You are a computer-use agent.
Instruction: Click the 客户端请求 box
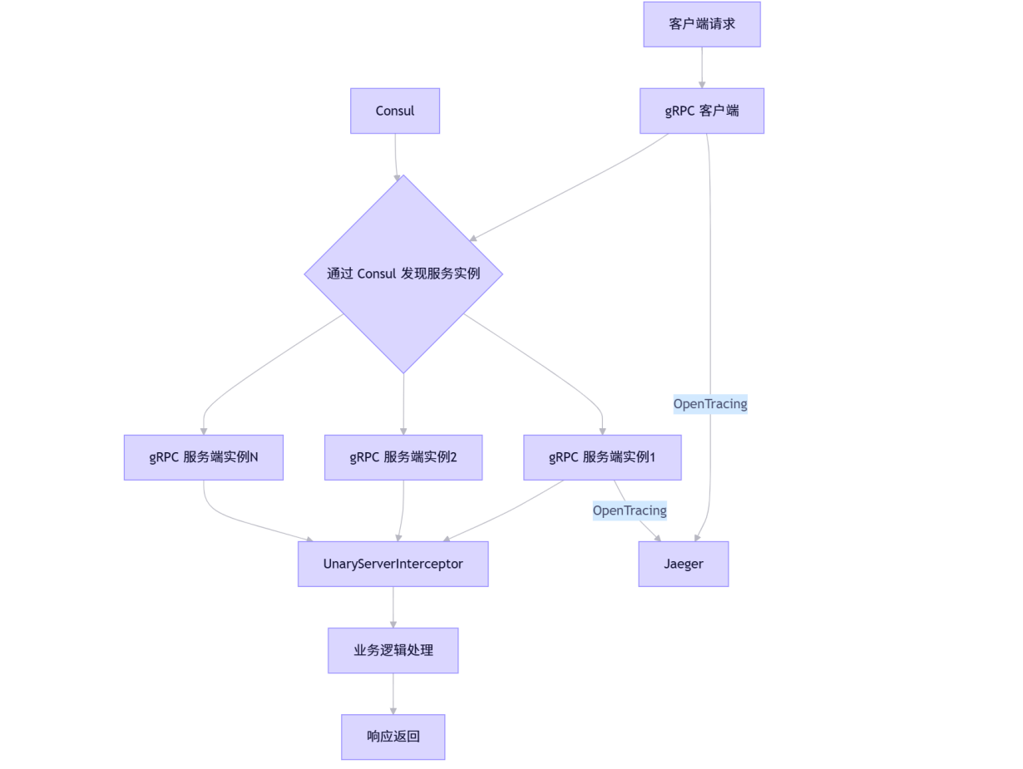pyautogui.click(x=701, y=24)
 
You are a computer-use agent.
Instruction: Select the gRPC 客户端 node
pyautogui.click(x=701, y=111)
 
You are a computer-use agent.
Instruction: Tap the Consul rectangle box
pyautogui.click(x=394, y=111)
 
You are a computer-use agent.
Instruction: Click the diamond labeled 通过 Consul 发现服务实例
pyautogui.click(x=403, y=274)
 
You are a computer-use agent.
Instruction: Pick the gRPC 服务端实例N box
pyautogui.click(x=204, y=457)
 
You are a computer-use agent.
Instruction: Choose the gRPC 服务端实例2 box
pyautogui.click(x=403, y=457)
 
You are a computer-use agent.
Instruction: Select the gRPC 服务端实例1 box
pyautogui.click(x=602, y=457)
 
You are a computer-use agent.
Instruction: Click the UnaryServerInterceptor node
pyautogui.click(x=393, y=564)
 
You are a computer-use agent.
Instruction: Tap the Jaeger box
pyautogui.click(x=683, y=564)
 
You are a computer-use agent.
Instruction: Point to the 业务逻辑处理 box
pyautogui.click(x=393, y=650)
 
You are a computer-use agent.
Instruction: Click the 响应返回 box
pyautogui.click(x=393, y=737)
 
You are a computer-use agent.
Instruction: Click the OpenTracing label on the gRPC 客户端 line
pyautogui.click(x=710, y=404)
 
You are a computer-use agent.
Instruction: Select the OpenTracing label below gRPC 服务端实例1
pyautogui.click(x=630, y=510)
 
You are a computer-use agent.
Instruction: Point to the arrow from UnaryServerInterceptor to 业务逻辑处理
pyautogui.click(x=393, y=607)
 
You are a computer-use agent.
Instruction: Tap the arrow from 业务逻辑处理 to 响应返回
pyautogui.click(x=393, y=693)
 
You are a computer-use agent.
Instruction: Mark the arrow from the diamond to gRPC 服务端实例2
pyautogui.click(x=403, y=404)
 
